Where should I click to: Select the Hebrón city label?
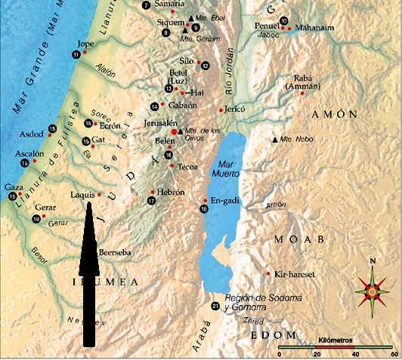coord(170,192)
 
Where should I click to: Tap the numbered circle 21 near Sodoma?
coord(215,306)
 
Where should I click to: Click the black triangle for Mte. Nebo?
coord(275,140)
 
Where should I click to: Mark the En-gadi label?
coord(224,200)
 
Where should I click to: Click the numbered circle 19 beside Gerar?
coord(36,219)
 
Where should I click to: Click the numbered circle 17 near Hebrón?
coord(152,202)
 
